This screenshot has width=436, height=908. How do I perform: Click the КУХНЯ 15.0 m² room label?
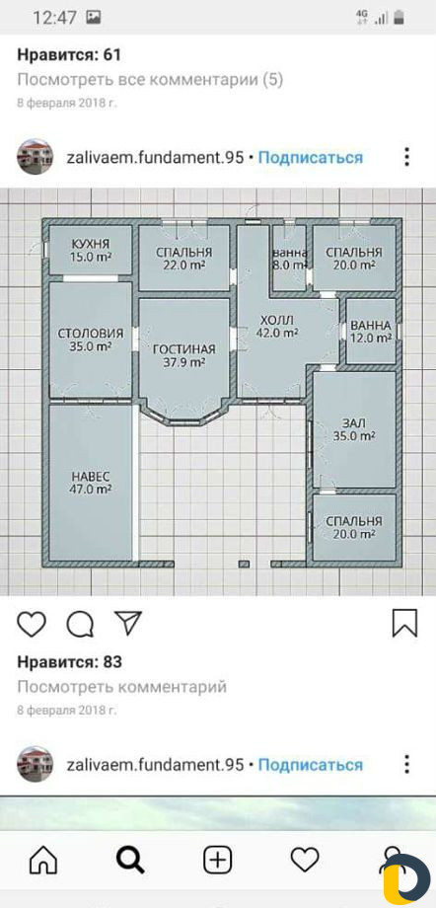91,250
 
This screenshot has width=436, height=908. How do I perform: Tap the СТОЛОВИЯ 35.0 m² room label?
91,340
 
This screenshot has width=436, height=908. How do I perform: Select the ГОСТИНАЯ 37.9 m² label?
183,355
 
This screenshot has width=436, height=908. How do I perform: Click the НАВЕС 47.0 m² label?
91,483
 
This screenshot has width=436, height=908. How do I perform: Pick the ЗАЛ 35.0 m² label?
354,429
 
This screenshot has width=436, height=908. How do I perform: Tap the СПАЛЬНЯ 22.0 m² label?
184,259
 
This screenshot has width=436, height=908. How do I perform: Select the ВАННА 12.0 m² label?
371,332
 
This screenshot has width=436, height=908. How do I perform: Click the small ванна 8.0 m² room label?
289,259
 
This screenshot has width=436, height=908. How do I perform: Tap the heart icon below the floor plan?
32,623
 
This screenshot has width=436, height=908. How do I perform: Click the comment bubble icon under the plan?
80,624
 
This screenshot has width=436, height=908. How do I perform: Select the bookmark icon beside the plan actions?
404,623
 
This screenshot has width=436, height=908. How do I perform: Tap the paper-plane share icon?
127,623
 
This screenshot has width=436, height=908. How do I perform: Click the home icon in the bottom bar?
43,861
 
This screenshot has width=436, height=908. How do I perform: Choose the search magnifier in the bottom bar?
131,861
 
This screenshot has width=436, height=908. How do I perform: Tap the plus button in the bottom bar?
218,861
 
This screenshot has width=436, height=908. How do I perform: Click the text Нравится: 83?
69,662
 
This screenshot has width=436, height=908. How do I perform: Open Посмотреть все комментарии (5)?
150,80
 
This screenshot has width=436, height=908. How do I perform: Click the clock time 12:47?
54,18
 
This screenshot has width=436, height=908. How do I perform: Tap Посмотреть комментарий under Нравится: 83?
121,687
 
